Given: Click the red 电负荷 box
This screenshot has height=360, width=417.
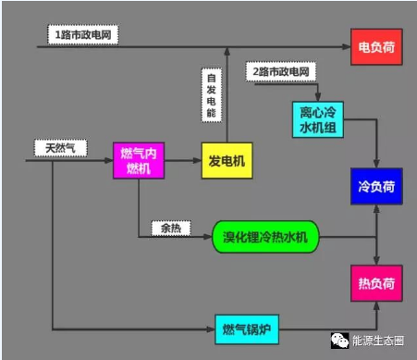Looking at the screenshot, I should pos(375,45).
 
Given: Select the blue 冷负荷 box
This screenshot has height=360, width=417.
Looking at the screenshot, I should pos(375,186).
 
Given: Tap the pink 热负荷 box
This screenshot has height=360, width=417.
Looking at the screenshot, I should pos(375,279).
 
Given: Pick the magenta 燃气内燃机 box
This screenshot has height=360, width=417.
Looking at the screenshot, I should pos(139,159).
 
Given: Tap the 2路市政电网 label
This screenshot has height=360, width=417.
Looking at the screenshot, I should pos(281,70).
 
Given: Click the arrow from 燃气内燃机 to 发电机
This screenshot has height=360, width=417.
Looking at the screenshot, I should pos(183,160).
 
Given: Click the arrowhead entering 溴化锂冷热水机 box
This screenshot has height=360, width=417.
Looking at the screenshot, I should pos(209,238).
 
